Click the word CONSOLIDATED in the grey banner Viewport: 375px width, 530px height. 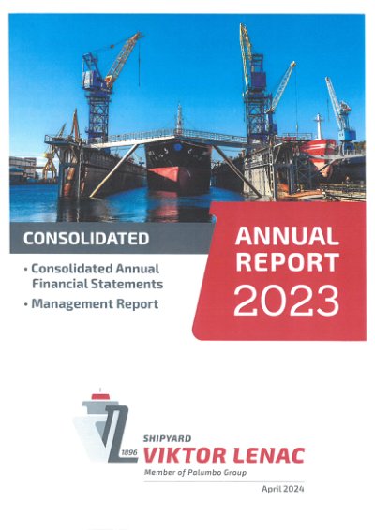(86, 238)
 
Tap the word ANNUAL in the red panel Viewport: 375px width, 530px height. (287, 236)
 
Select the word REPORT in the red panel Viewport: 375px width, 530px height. (287, 262)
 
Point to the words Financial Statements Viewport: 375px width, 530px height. (97, 284)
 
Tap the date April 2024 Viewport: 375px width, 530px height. (282, 489)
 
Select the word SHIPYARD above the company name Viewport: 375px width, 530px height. (167, 438)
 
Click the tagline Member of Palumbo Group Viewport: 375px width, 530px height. (195, 472)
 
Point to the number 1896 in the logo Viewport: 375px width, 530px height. (129, 452)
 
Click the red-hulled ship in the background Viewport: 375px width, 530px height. (318, 149)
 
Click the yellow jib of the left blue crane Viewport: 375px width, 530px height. (124, 56)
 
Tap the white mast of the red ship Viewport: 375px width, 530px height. (318, 126)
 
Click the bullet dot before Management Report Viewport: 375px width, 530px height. (25, 304)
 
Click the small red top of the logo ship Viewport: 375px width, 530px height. (100, 396)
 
